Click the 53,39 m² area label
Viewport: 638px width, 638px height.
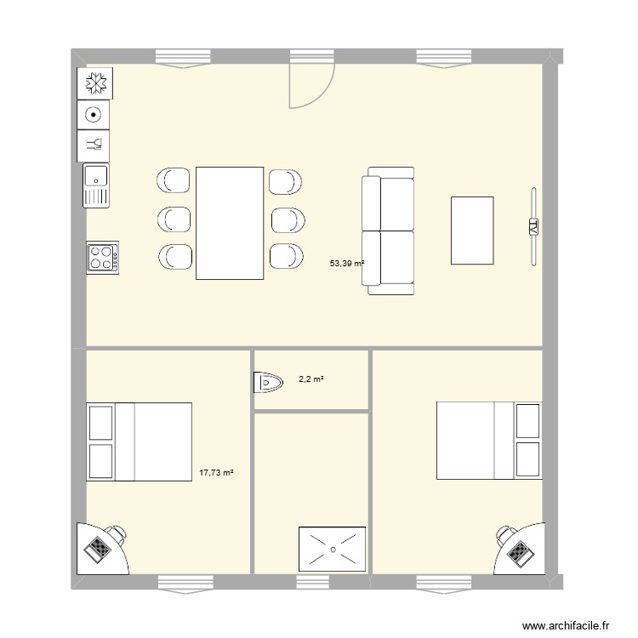coord(347,264)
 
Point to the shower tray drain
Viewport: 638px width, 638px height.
coord(332,549)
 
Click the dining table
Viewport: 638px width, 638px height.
coord(229,223)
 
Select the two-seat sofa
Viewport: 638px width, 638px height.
coord(389,231)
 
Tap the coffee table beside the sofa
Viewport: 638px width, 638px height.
coord(472,231)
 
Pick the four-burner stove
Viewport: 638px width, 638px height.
coord(102,258)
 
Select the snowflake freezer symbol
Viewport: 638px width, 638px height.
coord(95,83)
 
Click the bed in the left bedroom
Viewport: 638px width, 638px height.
coord(139,442)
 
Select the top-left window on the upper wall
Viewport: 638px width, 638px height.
coord(182,57)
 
